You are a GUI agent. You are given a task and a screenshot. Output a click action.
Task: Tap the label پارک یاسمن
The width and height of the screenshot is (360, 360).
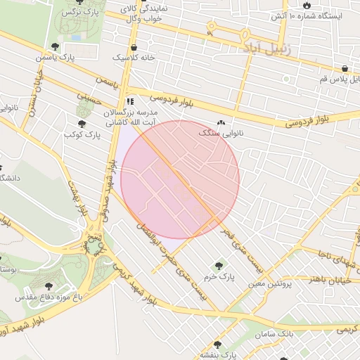[x=77, y=56]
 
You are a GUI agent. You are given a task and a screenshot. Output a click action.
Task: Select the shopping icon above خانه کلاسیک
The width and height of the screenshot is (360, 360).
[x=134, y=47]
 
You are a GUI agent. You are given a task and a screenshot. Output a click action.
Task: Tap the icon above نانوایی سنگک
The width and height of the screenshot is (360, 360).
[x=221, y=122]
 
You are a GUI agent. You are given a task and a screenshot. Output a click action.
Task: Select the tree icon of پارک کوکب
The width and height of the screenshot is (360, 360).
[x=83, y=124]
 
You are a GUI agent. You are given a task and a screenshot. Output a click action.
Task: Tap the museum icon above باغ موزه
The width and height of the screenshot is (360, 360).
[x=49, y=286]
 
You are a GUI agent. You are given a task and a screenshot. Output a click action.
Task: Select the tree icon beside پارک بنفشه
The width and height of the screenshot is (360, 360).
[x=217, y=345]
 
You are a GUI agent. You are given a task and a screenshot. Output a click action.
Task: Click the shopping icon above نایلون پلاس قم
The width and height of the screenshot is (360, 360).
[x=345, y=69]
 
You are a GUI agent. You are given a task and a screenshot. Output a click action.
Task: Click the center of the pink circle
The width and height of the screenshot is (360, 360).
[x=180, y=180]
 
